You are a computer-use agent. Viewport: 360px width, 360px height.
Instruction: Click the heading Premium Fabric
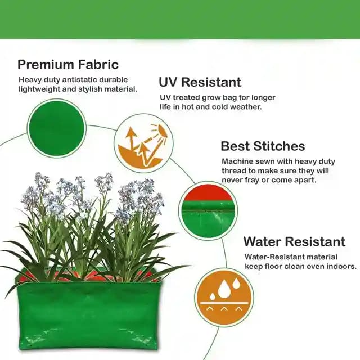(68, 64)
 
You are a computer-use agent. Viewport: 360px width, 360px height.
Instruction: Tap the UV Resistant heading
(200, 82)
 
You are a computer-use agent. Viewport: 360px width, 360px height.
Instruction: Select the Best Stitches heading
(263, 146)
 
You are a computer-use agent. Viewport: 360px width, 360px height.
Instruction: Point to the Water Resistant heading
(294, 242)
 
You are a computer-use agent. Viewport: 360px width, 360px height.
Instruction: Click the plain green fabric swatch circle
(57, 128)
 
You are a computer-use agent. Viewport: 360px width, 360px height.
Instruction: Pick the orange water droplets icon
(224, 298)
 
